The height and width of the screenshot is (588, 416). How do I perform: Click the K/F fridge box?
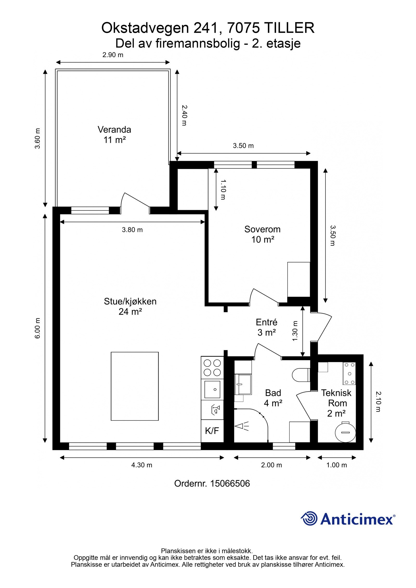[212, 431]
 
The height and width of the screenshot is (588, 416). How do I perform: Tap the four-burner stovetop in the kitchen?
[212, 367]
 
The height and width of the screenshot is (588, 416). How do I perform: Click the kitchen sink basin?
[212, 389]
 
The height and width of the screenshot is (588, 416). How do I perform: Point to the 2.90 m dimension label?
[113, 55]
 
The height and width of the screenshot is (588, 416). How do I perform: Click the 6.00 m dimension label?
[38, 328]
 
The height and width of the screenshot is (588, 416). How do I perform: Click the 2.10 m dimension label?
[378, 401]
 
